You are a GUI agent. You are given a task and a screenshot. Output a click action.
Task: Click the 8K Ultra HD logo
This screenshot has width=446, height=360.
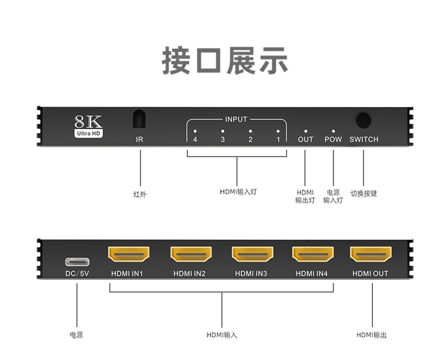pos(88,126)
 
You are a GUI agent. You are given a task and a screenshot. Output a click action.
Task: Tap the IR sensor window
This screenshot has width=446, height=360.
pos(139,119)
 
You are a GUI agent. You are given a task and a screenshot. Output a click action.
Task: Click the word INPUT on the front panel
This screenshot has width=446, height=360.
pos(236,119)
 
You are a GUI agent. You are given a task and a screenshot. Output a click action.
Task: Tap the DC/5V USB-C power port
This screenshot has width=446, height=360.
pos(77,261)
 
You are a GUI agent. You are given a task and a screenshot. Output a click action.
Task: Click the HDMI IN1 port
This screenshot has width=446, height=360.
pos(128,254)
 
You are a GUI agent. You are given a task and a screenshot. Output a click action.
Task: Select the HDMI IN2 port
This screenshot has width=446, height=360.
pos(191,254)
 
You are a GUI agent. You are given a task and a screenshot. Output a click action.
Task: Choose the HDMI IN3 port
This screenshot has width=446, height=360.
pos(253,254)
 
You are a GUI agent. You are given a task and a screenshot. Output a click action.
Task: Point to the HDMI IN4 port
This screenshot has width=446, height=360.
pos(313,254)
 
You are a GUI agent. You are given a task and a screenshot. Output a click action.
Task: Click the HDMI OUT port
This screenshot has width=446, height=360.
pos(370,254)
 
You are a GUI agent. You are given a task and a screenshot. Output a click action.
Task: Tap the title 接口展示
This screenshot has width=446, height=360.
pos(225,61)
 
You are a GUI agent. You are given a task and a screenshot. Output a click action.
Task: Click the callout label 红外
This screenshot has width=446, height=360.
pos(140,194)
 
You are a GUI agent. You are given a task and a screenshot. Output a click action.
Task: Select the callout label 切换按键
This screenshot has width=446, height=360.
pos(363,194)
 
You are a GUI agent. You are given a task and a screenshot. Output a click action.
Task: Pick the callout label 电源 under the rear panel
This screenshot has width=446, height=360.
pos(76,335)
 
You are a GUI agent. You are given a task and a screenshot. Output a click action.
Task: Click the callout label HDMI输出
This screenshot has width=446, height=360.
pos(371,335)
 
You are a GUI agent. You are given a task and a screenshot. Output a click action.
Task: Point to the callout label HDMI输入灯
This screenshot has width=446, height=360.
pos(238,192)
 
